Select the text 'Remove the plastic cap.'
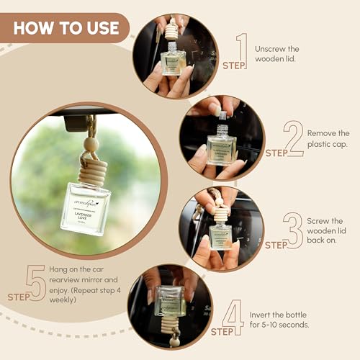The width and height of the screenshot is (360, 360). pyautogui.click(x=328, y=138)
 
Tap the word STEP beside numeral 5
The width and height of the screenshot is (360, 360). pyautogui.click(x=19, y=296)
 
